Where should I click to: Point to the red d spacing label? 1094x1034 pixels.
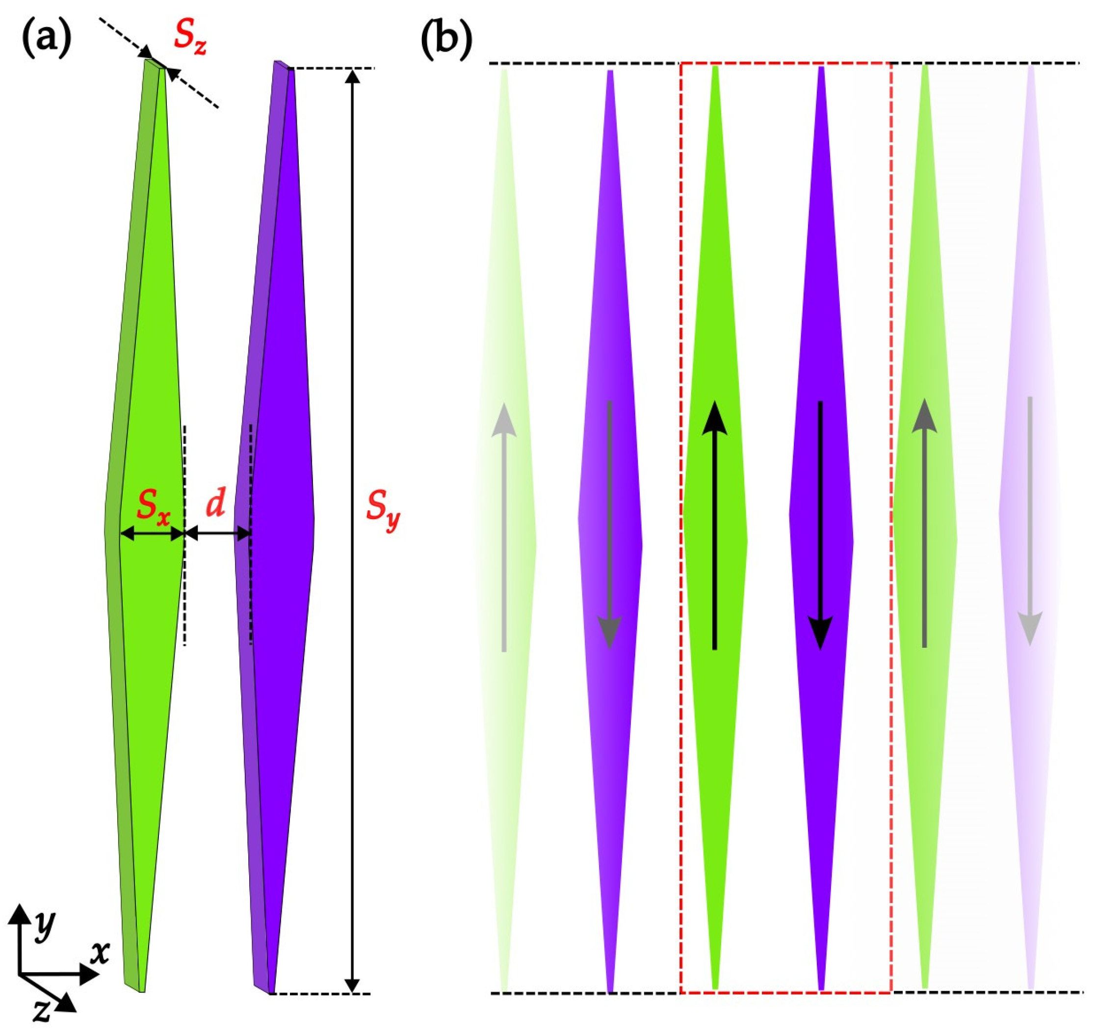point(215,504)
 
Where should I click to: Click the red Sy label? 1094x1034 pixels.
point(383,519)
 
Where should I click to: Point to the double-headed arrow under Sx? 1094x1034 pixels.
point(152,533)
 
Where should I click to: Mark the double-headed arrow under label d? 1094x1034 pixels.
point(218,533)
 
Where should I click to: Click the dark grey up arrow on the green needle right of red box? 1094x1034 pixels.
point(924,524)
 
